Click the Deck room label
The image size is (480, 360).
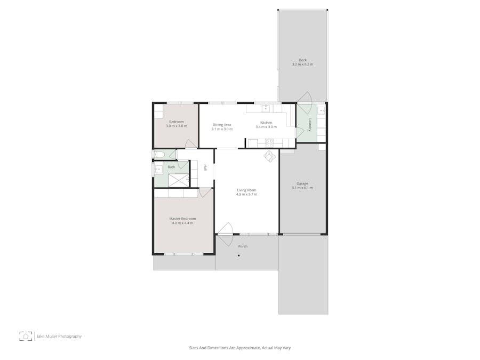pyautogui.click(x=302, y=60)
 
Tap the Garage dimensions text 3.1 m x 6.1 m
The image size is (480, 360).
pyautogui.click(x=302, y=188)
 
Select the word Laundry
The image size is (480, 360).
pyautogui.click(x=310, y=125)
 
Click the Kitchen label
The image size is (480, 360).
pyautogui.click(x=266, y=123)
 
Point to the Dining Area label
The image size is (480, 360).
pyautogui.click(x=222, y=125)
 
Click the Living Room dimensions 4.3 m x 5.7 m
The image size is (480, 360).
pyautogui.click(x=246, y=194)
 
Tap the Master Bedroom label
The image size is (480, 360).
pyautogui.click(x=182, y=219)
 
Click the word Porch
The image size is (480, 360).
pyautogui.click(x=243, y=246)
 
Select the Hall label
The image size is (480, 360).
pyautogui.click(x=206, y=167)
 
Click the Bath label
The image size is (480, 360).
pyautogui.click(x=171, y=167)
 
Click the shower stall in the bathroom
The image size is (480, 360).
pyautogui.click(x=178, y=180)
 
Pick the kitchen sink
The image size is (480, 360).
pyautogui.click(x=266, y=108)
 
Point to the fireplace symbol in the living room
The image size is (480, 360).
pyautogui.click(x=270, y=156)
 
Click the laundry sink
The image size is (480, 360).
pyautogui.click(x=321, y=109)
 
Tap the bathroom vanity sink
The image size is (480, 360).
pyautogui.click(x=158, y=169)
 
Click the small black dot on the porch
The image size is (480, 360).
pyautogui.click(x=239, y=255)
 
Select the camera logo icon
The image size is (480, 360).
pyautogui.click(x=26, y=336)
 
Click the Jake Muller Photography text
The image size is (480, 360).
pyautogui.click(x=59, y=337)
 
